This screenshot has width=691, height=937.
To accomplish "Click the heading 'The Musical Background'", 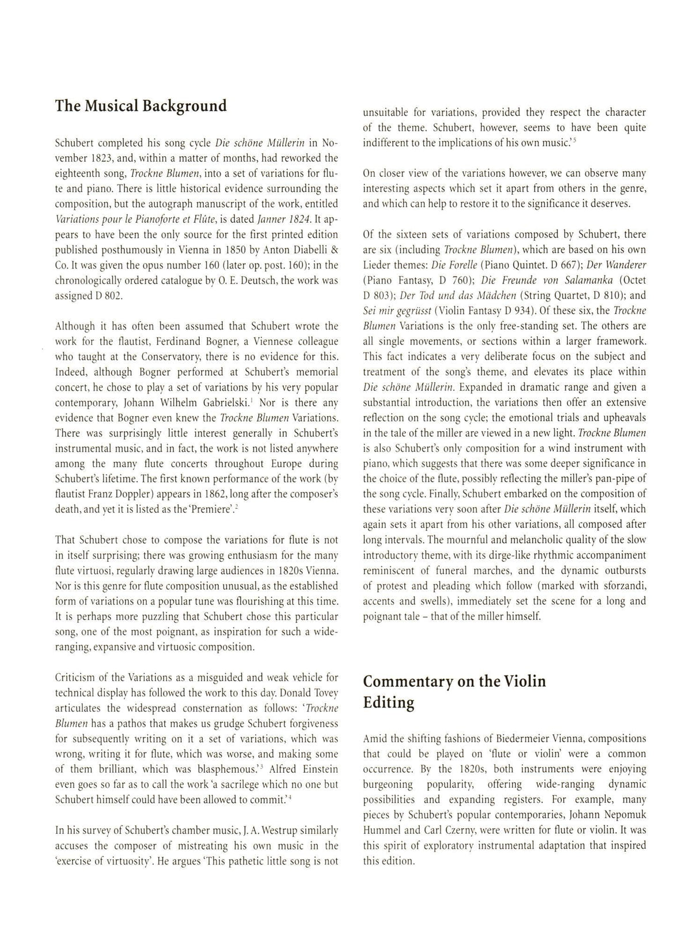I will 141,106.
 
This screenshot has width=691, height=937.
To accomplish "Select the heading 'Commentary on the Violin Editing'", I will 454,692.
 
